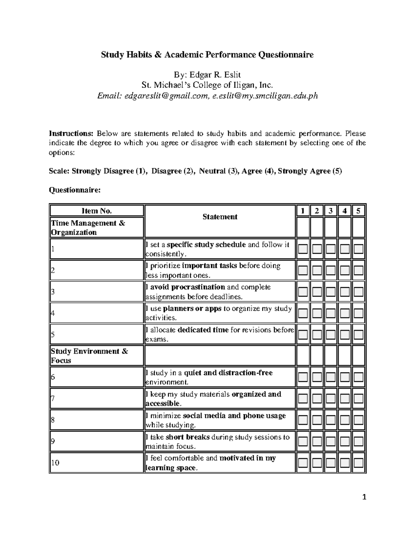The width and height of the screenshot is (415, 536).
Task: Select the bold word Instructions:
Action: coord(71,134)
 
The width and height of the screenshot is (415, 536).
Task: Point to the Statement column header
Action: coord(220,217)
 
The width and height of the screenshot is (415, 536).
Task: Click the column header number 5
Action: coord(358,211)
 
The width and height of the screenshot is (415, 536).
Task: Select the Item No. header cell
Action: coord(97,211)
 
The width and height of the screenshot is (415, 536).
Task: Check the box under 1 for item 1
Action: coord(303,249)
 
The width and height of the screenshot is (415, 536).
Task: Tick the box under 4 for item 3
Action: coord(344,292)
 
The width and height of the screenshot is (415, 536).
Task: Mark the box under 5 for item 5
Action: coord(358,334)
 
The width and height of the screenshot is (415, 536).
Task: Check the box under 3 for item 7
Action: coord(331,399)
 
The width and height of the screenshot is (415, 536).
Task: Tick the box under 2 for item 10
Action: coord(317,463)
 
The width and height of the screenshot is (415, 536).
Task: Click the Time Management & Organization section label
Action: coord(88,228)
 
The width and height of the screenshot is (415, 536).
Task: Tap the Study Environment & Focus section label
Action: coord(89,356)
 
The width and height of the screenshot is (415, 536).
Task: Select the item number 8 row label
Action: coord(53,420)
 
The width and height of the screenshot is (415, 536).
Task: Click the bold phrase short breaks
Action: coord(188,437)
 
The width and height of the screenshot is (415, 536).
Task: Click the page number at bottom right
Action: coord(364,497)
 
